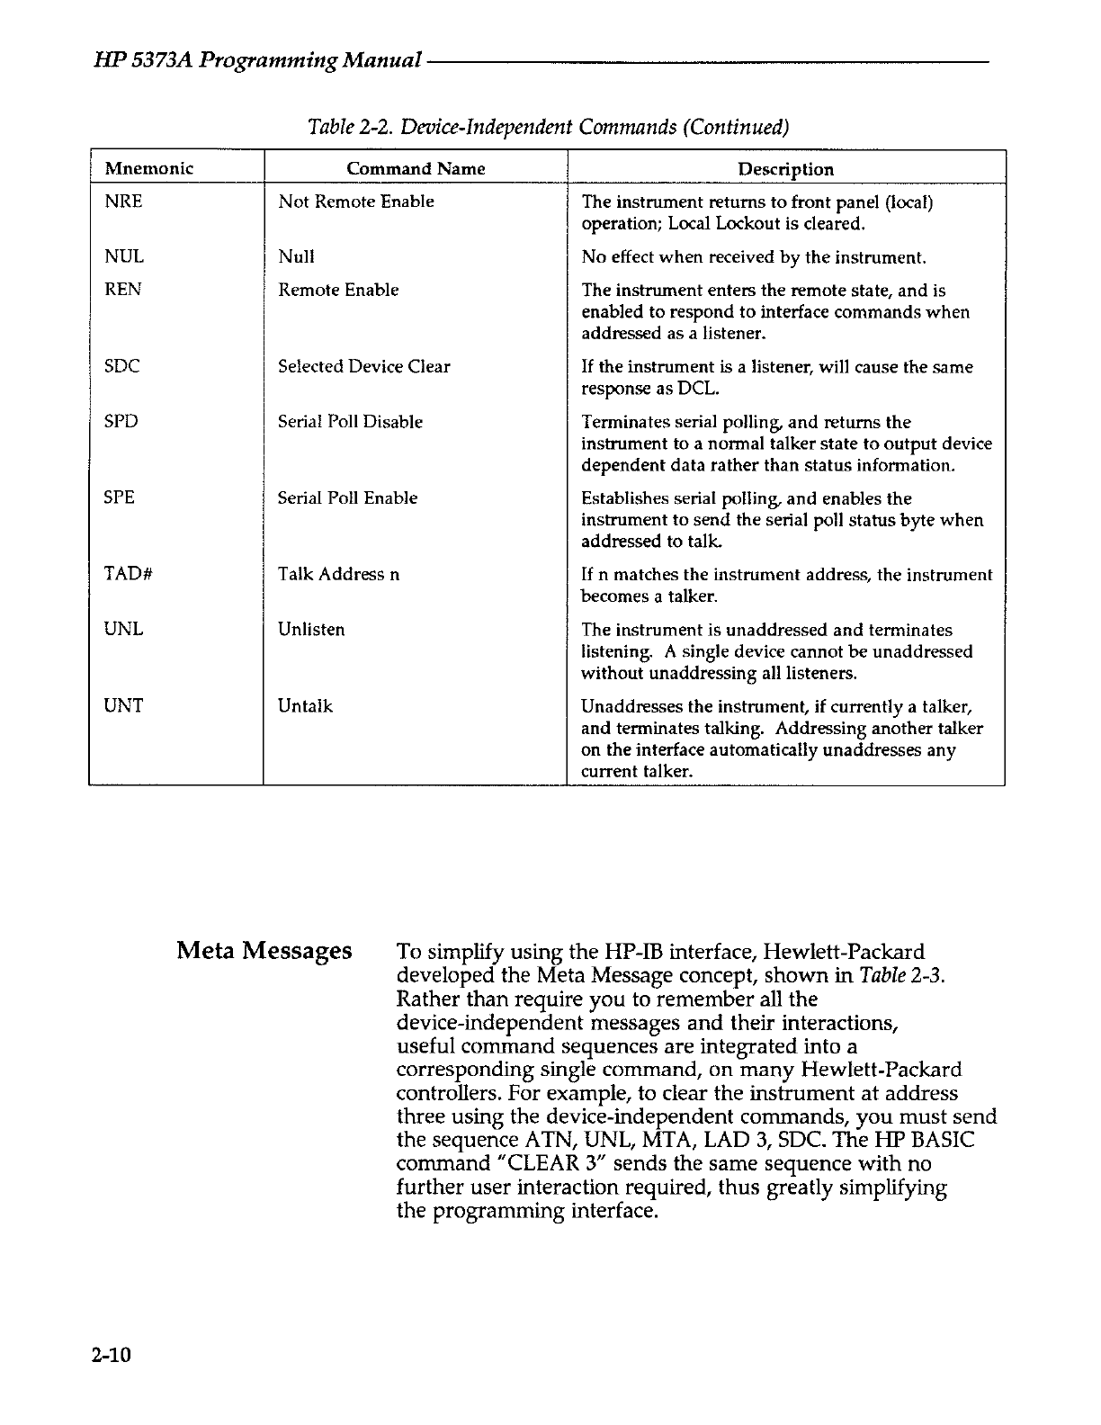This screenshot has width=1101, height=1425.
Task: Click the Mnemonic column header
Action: pyautogui.click(x=149, y=169)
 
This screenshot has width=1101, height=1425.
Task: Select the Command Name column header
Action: pyautogui.click(x=416, y=169)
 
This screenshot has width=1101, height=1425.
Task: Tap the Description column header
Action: pyautogui.click(x=785, y=169)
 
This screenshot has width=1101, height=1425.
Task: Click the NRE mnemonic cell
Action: pyautogui.click(x=123, y=202)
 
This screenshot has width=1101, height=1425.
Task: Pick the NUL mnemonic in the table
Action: pyautogui.click(x=124, y=257)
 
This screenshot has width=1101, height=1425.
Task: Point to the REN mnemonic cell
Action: pyautogui.click(x=123, y=290)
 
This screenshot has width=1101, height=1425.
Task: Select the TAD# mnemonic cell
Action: pyautogui.click(x=126, y=574)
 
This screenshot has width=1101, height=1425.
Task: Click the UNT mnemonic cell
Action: pyautogui.click(x=124, y=706)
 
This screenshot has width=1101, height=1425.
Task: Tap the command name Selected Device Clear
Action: pyautogui.click(x=363, y=367)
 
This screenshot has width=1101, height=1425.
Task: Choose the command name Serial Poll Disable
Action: pyautogui.click(x=350, y=422)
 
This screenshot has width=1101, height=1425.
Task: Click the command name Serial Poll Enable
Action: pyautogui.click(x=347, y=498)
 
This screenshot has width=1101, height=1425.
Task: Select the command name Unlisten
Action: pyautogui.click(x=311, y=630)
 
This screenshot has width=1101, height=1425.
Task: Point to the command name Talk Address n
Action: pyautogui.click(x=339, y=574)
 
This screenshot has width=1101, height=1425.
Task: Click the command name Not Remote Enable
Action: pyautogui.click(x=356, y=202)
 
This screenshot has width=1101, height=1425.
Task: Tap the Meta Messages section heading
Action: pyautogui.click(x=264, y=951)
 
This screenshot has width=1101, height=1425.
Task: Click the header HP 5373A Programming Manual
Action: pyautogui.click(x=257, y=62)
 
